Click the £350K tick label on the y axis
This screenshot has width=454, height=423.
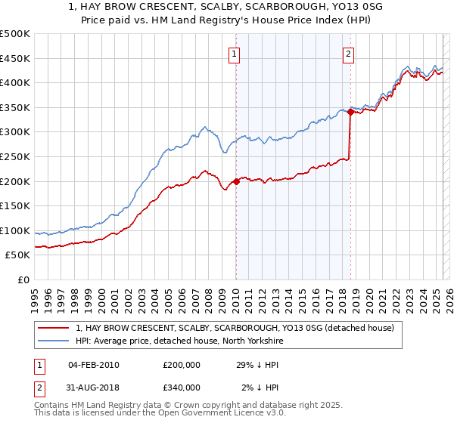click(x=15, y=107)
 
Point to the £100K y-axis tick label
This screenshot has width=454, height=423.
click(x=15, y=230)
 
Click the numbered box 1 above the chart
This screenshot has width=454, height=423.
click(x=235, y=54)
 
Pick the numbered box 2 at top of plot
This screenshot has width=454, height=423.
click(x=348, y=54)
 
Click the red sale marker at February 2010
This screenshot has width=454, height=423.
click(x=236, y=181)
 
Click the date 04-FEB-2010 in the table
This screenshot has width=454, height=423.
click(x=94, y=365)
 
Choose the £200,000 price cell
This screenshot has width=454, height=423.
click(x=182, y=365)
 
